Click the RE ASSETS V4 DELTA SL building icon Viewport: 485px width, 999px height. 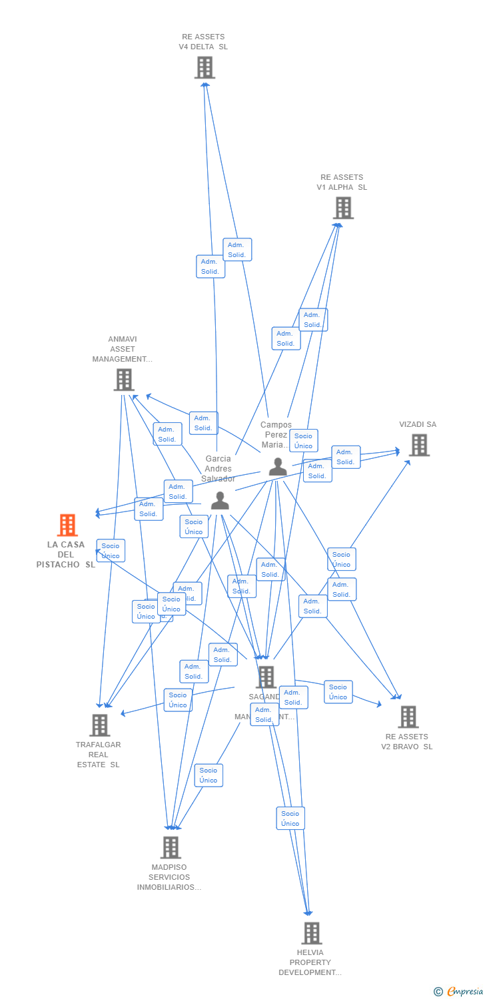pos(205,67)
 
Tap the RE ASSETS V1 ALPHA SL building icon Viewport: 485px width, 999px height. pos(342,208)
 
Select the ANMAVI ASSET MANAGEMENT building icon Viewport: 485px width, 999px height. pos(124,380)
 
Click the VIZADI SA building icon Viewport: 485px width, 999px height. pos(419,445)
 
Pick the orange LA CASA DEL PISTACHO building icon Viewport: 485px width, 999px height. pos(67,525)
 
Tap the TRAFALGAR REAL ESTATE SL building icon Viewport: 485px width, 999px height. pos(99,725)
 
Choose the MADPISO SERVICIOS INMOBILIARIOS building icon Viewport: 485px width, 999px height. pos(171,847)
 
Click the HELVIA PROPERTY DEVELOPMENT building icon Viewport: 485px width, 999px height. pos(311,933)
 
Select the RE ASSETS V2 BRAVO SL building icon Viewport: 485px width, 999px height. pos(408,717)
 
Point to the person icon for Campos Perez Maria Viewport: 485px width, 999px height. pos(278,467)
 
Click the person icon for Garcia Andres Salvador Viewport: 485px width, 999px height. pos(220,501)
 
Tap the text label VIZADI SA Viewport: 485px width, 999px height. pos(418,424)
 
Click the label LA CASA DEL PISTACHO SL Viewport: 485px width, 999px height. pos(66,555)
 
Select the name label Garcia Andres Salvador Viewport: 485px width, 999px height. pos(219,469)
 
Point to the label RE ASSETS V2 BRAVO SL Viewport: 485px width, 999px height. pos(406,741)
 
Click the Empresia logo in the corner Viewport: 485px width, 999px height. pos(459,992)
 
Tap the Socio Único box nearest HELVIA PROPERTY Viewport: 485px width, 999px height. pos(290,819)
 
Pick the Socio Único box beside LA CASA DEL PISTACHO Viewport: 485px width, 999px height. pos(111,551)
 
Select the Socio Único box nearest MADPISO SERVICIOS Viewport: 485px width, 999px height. pos(209,775)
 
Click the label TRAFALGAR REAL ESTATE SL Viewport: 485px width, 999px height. pos(99,755)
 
